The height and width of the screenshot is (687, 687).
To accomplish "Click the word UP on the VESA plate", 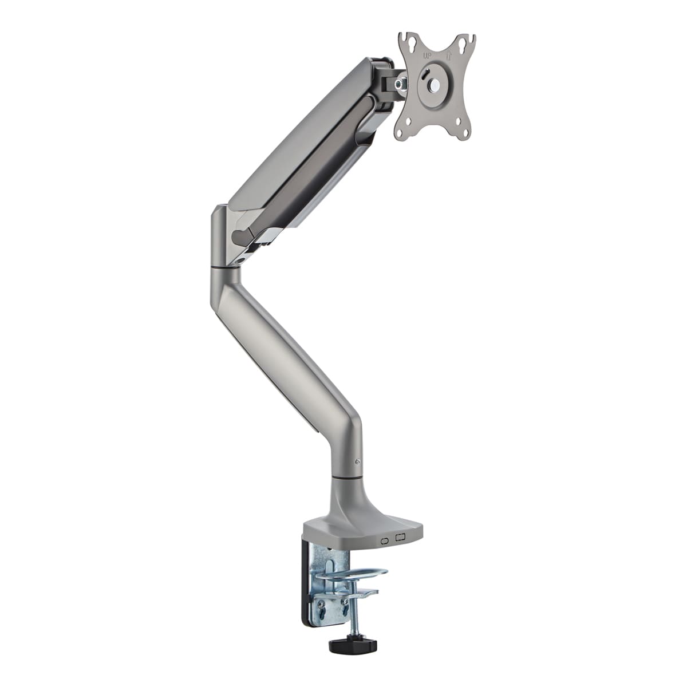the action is [x=427, y=56].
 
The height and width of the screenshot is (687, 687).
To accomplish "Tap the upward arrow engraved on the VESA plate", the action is [x=449, y=56].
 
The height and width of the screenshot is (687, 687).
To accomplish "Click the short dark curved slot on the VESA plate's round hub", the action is [x=424, y=75].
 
